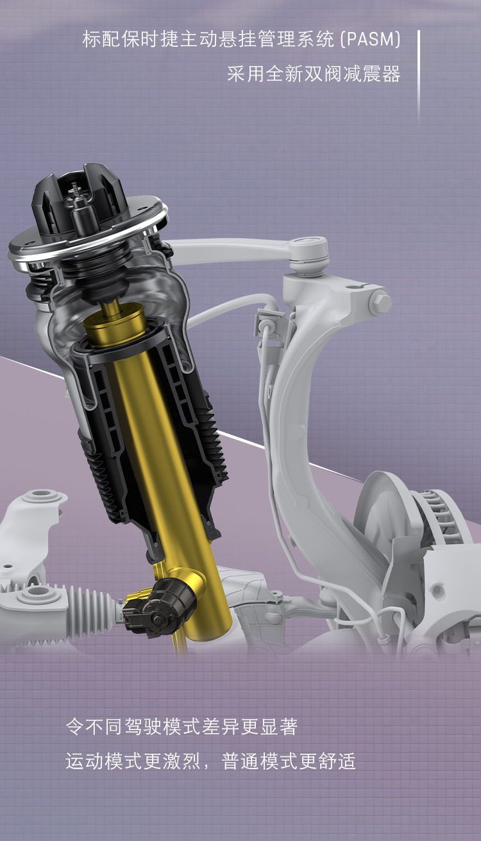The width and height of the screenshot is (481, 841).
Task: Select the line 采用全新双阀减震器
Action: coord(314,74)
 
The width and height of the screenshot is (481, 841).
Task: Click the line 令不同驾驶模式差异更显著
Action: coord(181,727)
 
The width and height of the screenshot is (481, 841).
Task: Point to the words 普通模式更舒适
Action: coord(289,761)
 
